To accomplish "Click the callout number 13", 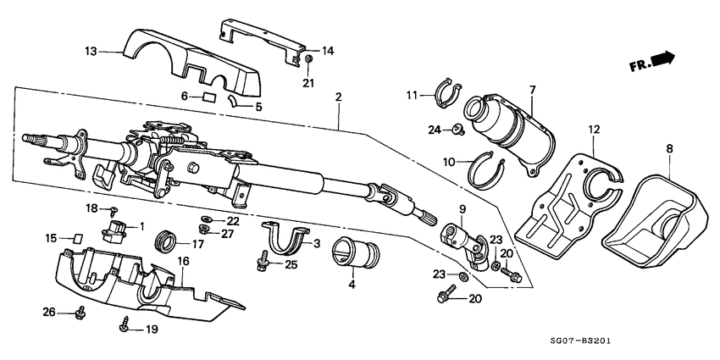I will click(x=91, y=51).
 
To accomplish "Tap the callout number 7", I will click(x=532, y=90).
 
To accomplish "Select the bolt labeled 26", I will click(x=80, y=311).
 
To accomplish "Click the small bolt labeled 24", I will click(x=458, y=129).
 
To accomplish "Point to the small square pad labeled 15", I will click(x=75, y=239).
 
